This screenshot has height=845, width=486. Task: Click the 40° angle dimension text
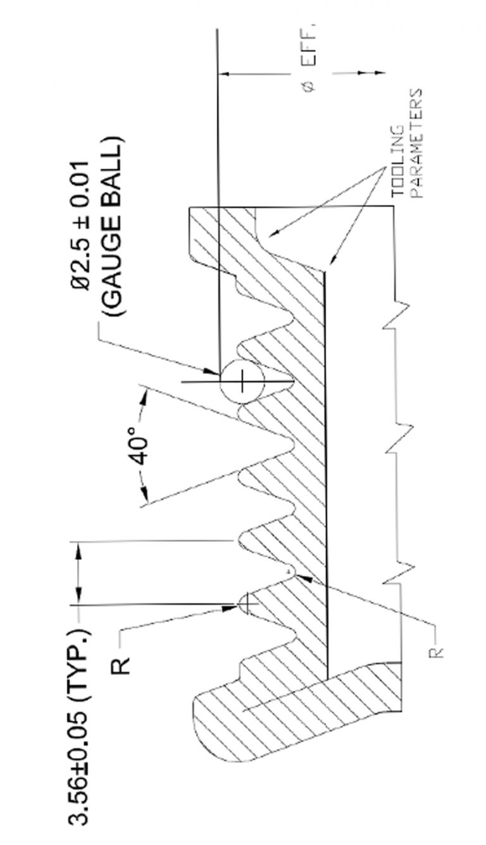point(138,447)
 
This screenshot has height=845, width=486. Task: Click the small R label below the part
point(436,653)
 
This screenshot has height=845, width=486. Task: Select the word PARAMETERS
point(416,144)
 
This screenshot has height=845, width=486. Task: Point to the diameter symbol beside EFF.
point(309,87)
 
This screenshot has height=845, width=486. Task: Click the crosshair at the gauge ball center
point(242,381)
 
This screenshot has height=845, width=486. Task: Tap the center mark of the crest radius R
point(247,603)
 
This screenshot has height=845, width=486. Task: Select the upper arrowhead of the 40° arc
point(144,397)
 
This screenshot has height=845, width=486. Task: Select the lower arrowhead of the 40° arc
point(144,494)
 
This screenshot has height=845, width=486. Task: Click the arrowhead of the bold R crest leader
point(231,607)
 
